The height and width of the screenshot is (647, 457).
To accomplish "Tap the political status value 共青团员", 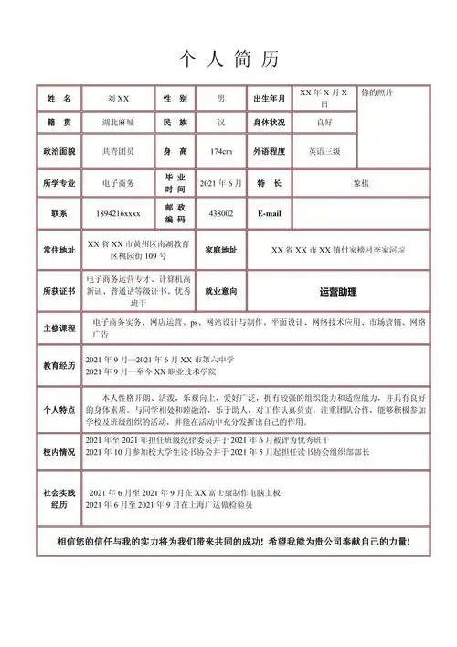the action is click(x=119, y=151).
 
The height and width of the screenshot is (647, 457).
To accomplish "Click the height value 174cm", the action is click(x=220, y=151).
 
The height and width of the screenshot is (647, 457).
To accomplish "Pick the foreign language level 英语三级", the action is click(x=324, y=151).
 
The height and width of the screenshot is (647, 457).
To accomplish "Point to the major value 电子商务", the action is click(x=119, y=183).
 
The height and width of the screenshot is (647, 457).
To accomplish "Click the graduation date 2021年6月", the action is click(x=220, y=183).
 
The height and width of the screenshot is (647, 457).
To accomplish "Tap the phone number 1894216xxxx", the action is click(x=119, y=214).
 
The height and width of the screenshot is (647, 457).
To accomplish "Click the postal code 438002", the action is click(x=220, y=214).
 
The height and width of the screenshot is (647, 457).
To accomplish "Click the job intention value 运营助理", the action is click(x=338, y=292).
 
